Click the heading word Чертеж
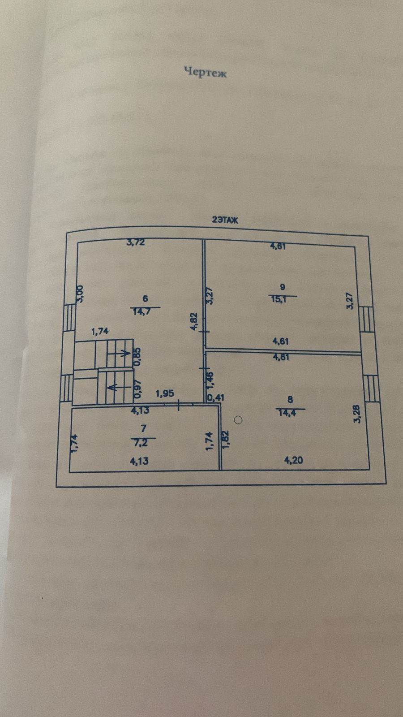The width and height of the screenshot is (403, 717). [x=206, y=72]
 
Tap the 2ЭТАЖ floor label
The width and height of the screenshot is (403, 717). [x=225, y=220]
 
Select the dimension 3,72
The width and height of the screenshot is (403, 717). [x=136, y=243]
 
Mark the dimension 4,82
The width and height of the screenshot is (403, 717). [x=194, y=321]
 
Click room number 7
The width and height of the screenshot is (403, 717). [x=143, y=430]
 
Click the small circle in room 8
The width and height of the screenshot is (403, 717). [x=238, y=420]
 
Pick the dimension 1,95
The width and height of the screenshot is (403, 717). [x=164, y=394]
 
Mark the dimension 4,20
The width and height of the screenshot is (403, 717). [x=294, y=459]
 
